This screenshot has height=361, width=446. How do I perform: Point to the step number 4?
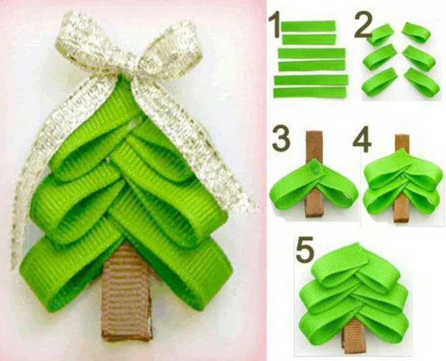click(x=362, y=141)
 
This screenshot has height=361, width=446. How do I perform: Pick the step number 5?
click(x=304, y=250)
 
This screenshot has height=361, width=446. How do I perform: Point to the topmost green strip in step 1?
click(x=308, y=26)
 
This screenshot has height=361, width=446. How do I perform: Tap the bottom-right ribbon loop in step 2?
click(x=422, y=80)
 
